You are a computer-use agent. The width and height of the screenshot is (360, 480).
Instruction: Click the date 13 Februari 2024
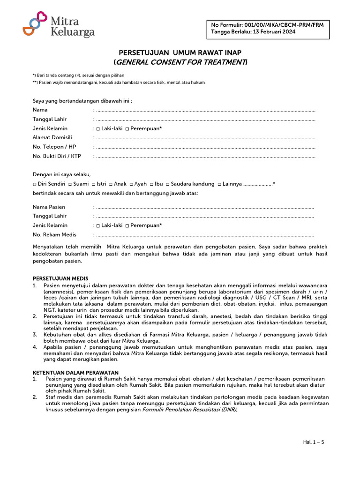[274, 32]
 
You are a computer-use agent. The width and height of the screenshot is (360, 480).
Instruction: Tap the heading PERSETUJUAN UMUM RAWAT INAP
[180, 52]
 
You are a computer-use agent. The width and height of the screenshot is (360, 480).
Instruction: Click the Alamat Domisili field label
[52, 137]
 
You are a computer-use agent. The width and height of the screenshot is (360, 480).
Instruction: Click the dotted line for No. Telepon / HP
[204, 147]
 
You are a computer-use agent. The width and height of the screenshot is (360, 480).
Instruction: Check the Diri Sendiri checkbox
[35, 185]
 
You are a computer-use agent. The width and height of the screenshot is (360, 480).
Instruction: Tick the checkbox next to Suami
[70, 185]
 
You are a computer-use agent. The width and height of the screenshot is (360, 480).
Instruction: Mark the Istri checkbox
[93, 185]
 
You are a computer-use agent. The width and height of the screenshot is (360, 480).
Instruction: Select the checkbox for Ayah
[131, 185]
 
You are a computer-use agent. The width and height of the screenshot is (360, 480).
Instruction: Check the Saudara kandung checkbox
[167, 185]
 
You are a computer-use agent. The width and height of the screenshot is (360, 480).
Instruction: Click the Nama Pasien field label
[49, 207]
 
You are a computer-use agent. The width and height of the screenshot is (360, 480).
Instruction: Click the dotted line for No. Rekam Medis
[204, 235]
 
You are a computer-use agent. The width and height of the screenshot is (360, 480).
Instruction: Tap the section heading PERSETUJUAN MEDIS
[60, 278]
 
